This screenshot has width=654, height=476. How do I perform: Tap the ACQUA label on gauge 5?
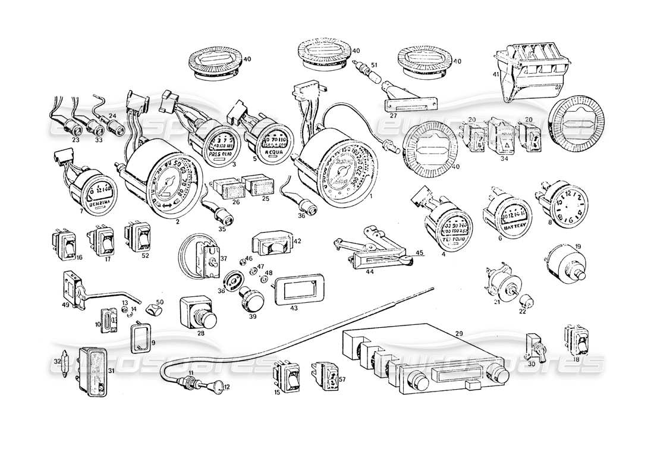point(266,152)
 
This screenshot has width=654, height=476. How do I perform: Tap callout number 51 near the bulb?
point(374,66)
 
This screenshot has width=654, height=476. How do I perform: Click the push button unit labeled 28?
point(197,311)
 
